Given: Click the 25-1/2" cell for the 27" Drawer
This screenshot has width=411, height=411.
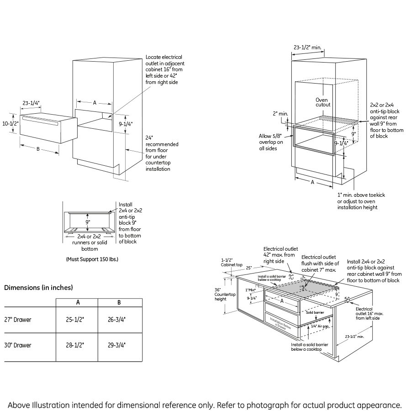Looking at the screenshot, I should pyautogui.click(x=77, y=320).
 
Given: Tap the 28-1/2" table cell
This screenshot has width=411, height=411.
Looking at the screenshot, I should pyautogui.click(x=77, y=345).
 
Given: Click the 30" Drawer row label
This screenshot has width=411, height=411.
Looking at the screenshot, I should pyautogui.click(x=18, y=345).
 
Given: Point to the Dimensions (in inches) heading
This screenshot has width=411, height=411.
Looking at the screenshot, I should pyautogui.click(x=38, y=288).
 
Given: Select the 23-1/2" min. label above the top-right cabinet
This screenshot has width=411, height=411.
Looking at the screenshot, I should pyautogui.click(x=307, y=47).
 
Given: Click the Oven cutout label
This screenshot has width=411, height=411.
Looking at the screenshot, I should pyautogui.click(x=323, y=102).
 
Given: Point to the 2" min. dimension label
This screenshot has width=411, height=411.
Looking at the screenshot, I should pyautogui.click(x=280, y=113).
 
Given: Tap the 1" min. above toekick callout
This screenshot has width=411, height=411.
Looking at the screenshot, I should pyautogui.click(x=361, y=201).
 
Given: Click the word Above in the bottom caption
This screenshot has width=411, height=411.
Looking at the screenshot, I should pyautogui.click(x=21, y=405).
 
